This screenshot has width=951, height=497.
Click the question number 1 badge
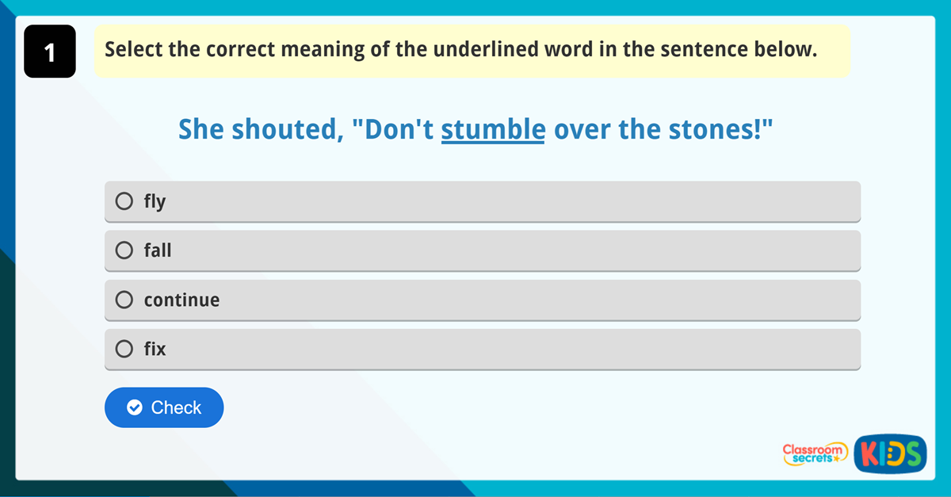50,52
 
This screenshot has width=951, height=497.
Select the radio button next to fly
124,201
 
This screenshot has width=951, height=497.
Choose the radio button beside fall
124,250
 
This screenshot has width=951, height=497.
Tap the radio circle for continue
124,300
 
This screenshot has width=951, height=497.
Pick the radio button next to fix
124,349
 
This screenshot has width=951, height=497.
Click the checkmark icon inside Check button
135,407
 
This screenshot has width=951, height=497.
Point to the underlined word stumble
493,129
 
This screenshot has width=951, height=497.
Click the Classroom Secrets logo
815,453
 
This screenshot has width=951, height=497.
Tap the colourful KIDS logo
891,453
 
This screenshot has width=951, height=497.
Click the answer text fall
158,250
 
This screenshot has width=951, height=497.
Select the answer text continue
181,300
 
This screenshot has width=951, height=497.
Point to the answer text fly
155,201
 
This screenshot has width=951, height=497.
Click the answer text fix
155,349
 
